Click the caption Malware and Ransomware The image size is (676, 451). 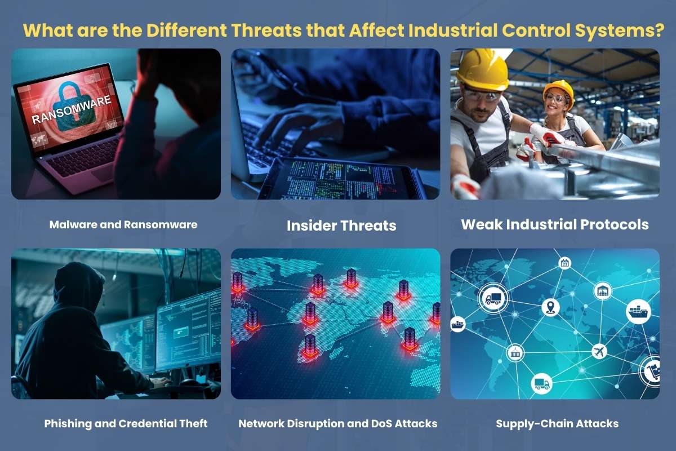(123, 224)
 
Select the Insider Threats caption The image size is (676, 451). (341, 226)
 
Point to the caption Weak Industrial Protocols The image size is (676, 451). (555, 224)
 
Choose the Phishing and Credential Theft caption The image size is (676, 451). (126, 423)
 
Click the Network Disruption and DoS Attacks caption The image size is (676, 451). (338, 423)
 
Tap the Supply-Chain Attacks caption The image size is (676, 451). (557, 423)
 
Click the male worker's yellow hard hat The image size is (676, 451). (482, 70)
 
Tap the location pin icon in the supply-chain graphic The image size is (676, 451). (550, 308)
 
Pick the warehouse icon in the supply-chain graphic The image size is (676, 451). (602, 291)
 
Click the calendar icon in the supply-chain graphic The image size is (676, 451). (564, 263)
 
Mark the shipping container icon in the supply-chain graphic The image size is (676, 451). (515, 353)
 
